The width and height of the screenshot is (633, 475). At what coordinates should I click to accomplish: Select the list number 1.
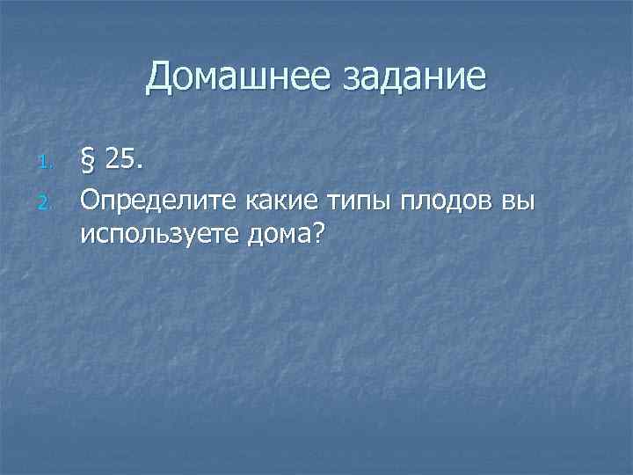(48, 161)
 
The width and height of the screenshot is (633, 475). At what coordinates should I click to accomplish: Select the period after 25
(142, 167)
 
